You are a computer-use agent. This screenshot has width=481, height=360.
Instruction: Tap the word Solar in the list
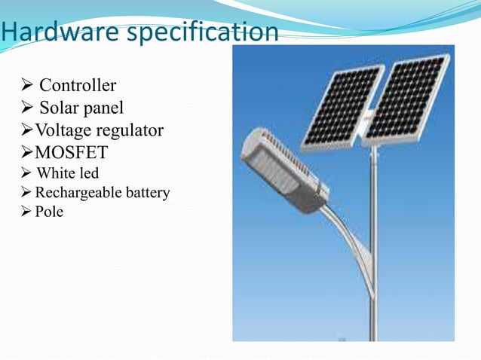(x=60, y=108)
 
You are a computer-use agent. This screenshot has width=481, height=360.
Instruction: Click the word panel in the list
(x=103, y=108)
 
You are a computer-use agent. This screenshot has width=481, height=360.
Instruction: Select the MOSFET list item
(x=72, y=153)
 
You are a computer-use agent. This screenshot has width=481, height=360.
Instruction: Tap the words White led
(x=68, y=174)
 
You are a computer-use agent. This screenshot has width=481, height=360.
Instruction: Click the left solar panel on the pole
(x=343, y=105)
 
